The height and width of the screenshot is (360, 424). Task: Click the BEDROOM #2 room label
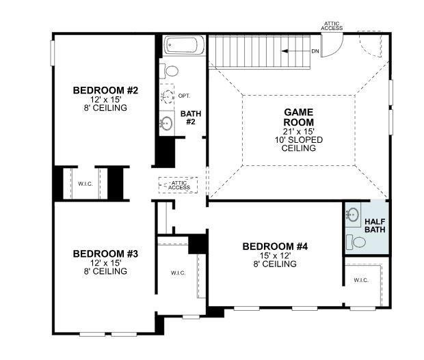click(x=105, y=90)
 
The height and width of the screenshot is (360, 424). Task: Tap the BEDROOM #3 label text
click(x=105, y=253)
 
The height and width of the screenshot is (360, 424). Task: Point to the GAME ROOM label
click(x=298, y=117)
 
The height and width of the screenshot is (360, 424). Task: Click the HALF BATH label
click(x=375, y=225)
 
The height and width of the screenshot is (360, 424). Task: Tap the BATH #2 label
click(x=190, y=117)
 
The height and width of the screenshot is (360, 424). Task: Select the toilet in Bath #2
click(x=171, y=70)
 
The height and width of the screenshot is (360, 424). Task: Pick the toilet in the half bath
click(x=356, y=241)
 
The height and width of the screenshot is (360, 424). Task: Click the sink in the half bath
click(x=352, y=215)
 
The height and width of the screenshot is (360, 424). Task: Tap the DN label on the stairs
click(x=315, y=51)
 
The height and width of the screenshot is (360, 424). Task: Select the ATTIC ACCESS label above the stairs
click(x=333, y=25)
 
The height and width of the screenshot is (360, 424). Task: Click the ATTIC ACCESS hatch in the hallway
click(x=178, y=184)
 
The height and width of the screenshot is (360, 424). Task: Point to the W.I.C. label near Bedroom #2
click(x=85, y=183)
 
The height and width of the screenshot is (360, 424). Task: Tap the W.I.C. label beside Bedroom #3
click(x=178, y=273)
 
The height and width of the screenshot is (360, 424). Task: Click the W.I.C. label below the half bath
click(x=361, y=280)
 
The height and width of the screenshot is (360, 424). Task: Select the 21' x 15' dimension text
click(x=298, y=131)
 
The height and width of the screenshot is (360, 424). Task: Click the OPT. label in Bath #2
click(x=185, y=96)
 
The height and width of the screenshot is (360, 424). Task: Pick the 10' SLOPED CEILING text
click(x=298, y=143)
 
